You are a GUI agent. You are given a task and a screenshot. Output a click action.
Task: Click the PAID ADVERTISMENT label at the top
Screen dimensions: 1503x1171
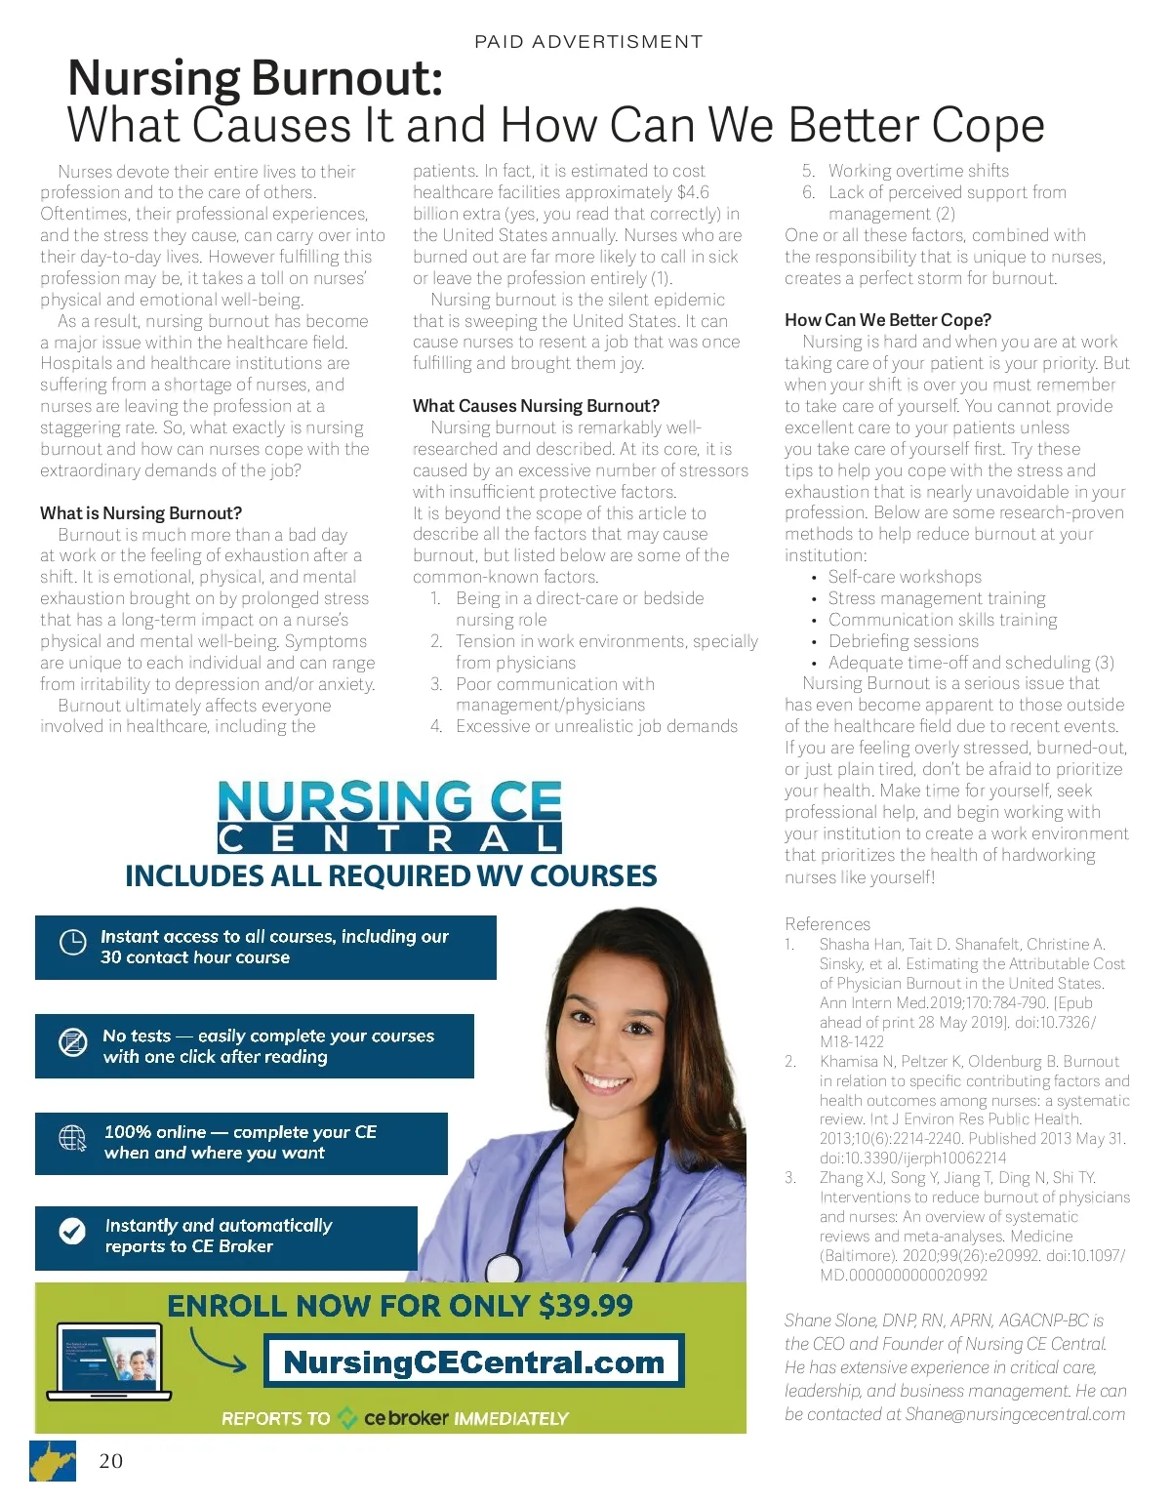tap(587, 42)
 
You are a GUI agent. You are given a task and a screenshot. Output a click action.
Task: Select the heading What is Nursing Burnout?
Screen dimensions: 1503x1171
tap(141, 513)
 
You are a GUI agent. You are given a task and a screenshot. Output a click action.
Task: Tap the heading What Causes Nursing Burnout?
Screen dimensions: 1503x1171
tap(536, 406)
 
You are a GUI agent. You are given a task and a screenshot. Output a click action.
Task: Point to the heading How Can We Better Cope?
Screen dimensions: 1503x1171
tap(887, 320)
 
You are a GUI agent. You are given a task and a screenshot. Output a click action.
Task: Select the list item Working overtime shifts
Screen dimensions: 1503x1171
tap(918, 171)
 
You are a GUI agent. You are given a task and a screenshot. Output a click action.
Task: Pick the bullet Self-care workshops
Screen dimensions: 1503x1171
tap(905, 577)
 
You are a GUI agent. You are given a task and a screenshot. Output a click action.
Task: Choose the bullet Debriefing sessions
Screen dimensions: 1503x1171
tap(903, 641)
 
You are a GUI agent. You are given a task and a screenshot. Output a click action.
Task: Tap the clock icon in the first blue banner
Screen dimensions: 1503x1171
tap(73, 943)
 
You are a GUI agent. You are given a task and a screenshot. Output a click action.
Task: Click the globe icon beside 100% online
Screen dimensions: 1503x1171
tap(73, 1139)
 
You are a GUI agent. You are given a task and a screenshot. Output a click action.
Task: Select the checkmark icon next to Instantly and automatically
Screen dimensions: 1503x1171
tap(72, 1232)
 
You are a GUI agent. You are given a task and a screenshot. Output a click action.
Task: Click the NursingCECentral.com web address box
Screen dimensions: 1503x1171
tap(474, 1361)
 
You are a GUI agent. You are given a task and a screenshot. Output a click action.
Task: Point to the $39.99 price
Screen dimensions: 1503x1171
tap(585, 1306)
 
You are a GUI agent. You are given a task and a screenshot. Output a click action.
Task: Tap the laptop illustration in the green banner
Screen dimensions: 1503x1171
tap(113, 1363)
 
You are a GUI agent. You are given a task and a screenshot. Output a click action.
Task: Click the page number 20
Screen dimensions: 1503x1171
tap(110, 1461)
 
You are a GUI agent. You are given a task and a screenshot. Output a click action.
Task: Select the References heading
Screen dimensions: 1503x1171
tap(827, 924)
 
